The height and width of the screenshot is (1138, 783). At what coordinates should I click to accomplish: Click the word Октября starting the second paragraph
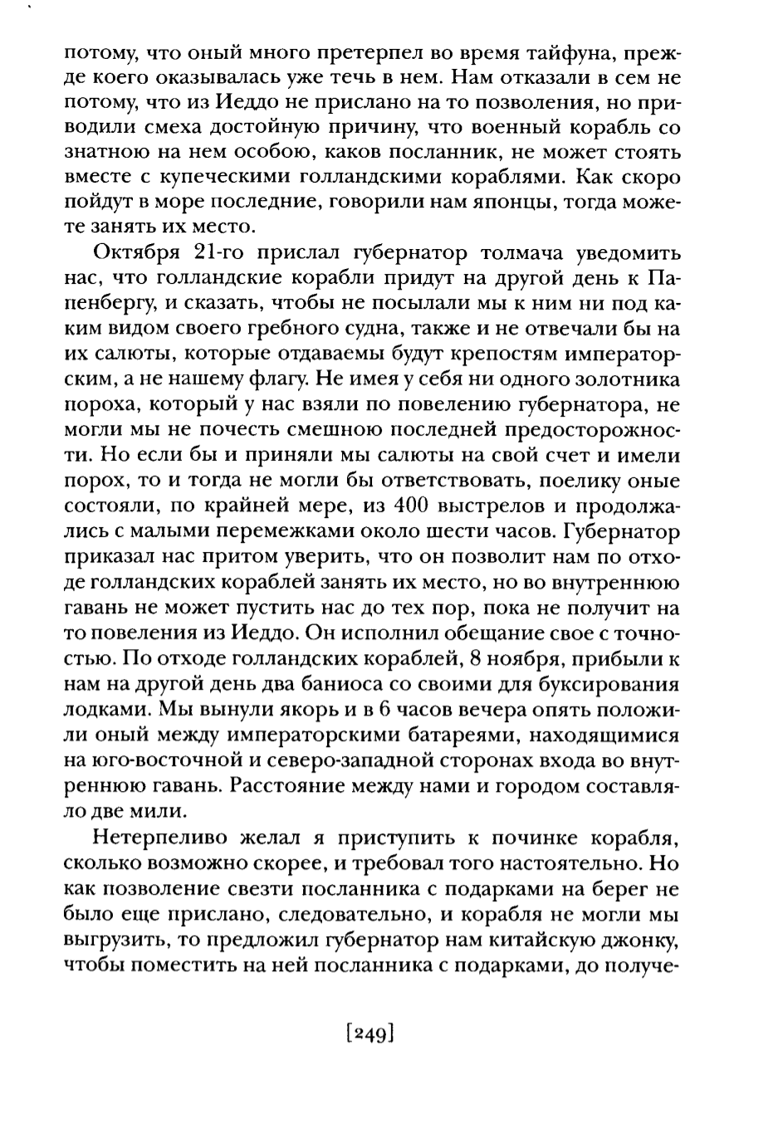[x=136, y=252]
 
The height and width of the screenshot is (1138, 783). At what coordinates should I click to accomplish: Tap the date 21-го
[x=221, y=252]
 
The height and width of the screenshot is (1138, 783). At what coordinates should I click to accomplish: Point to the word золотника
[x=624, y=379]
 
